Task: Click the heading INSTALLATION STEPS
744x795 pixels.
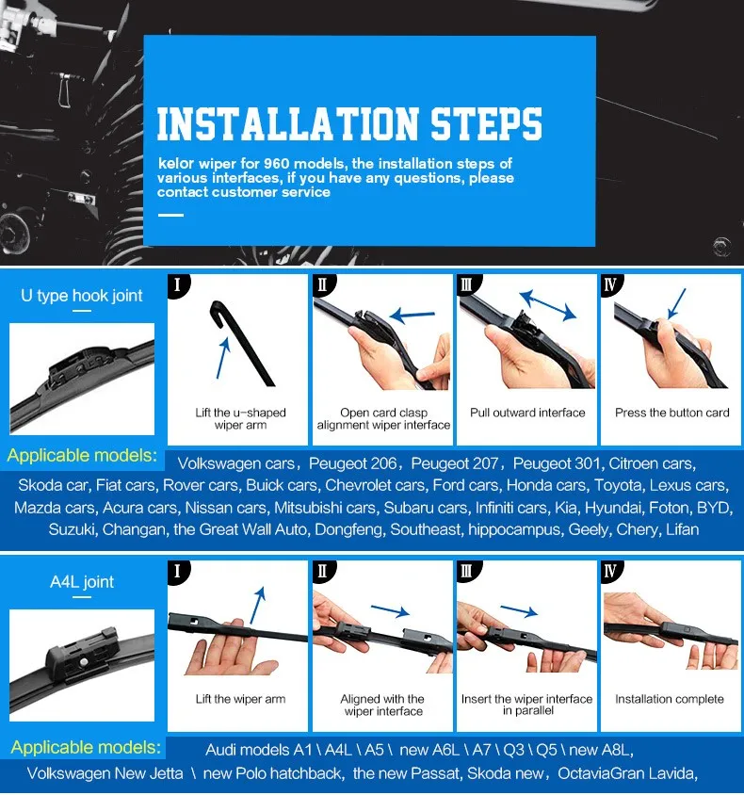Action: click(349, 123)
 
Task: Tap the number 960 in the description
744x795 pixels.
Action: click(276, 163)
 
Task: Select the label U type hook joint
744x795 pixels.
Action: click(82, 295)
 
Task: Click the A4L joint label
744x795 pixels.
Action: click(82, 581)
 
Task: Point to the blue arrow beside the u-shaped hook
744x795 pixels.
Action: click(223, 358)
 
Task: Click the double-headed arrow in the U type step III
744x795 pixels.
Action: click(548, 304)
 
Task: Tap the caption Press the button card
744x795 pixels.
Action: click(672, 413)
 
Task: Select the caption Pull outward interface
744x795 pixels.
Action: click(527, 413)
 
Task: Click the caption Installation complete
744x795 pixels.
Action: click(670, 699)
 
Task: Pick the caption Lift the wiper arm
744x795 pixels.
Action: click(240, 699)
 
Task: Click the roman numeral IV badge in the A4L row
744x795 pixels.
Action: click(610, 571)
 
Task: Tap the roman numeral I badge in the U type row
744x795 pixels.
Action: click(178, 285)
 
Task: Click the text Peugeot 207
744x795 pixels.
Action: click(454, 463)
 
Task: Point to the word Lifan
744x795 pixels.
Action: click(682, 529)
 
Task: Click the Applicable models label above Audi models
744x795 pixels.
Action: click(86, 747)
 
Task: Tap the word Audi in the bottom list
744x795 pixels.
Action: click(220, 750)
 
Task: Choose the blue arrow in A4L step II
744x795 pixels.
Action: click(390, 610)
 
